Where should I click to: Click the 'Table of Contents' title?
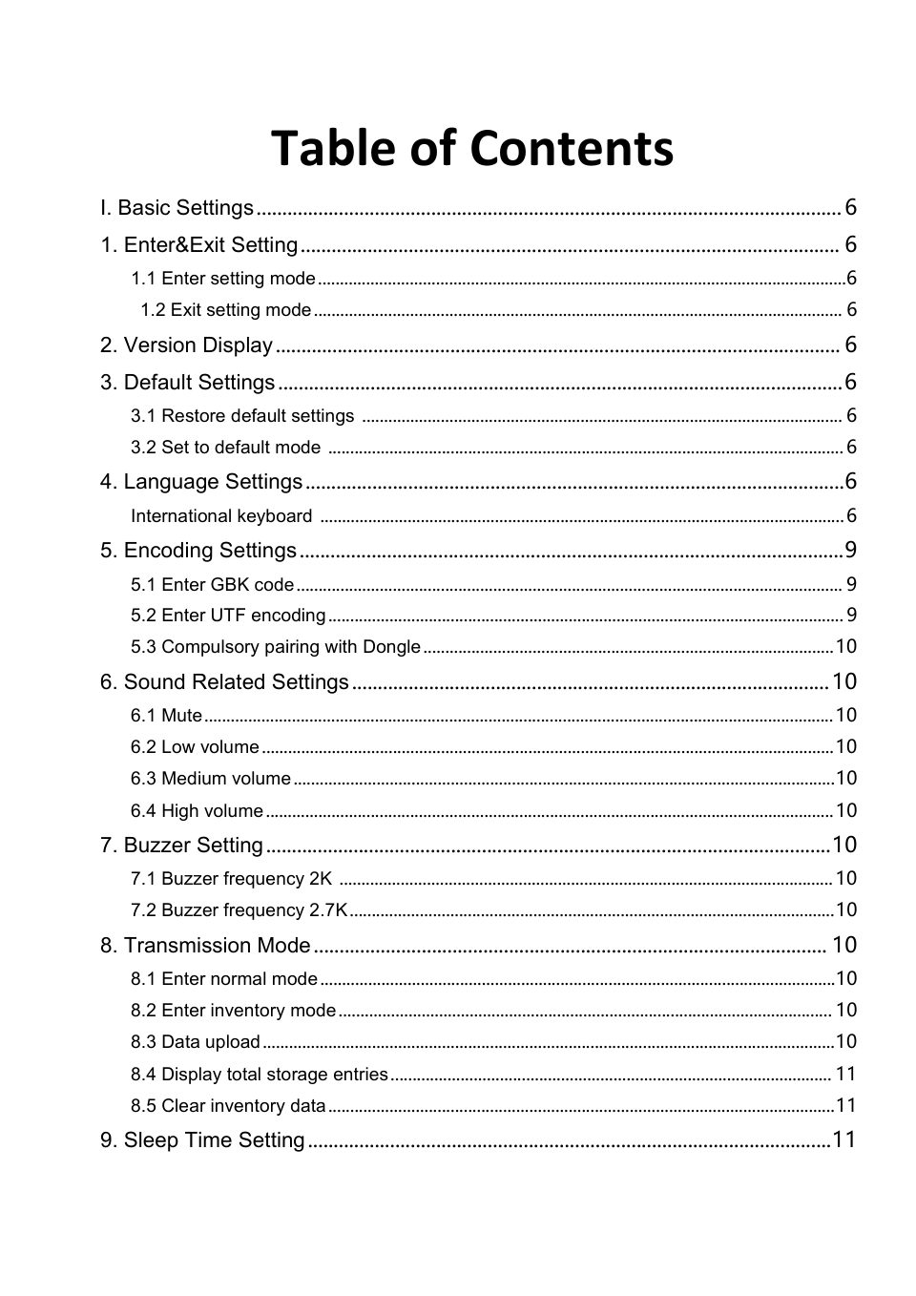click(x=472, y=149)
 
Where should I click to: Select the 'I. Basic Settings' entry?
click(x=177, y=208)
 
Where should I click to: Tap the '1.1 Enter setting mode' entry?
click(x=223, y=279)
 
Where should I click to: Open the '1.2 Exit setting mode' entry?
click(x=226, y=310)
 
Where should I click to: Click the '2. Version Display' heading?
click(x=187, y=345)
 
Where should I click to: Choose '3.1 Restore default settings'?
click(x=242, y=416)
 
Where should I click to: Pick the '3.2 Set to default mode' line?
click(x=226, y=448)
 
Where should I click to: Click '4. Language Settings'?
click(x=201, y=482)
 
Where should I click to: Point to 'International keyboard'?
click(x=221, y=516)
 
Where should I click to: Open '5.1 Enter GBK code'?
click(x=213, y=585)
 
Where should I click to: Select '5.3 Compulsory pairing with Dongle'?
click(x=276, y=647)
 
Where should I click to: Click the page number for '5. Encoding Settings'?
click(x=850, y=551)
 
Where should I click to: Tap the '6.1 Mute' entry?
click(x=167, y=716)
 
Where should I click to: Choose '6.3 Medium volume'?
click(x=211, y=779)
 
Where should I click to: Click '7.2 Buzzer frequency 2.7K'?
click(x=239, y=910)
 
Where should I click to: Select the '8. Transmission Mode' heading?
click(x=205, y=946)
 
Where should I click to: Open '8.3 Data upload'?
click(x=196, y=1042)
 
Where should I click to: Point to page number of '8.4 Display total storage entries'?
click(x=846, y=1075)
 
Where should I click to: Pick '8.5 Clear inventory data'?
click(x=229, y=1106)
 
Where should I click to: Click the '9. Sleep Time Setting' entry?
click(x=202, y=1140)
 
